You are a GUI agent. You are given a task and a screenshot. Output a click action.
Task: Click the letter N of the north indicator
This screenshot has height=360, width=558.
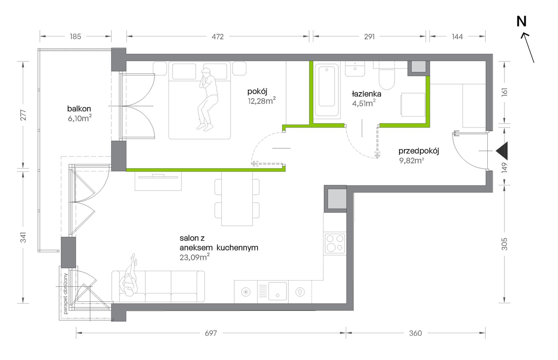point(522,21)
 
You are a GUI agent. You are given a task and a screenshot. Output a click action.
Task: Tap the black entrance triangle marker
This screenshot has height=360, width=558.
point(502,151)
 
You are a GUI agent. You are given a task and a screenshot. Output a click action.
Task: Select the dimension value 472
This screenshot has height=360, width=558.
point(218,37)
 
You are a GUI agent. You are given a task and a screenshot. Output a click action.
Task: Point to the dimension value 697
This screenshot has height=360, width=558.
point(211,333)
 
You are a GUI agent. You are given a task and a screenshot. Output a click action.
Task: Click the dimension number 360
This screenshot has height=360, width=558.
point(415,333)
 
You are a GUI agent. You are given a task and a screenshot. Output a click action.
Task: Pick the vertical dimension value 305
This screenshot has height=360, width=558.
point(504,244)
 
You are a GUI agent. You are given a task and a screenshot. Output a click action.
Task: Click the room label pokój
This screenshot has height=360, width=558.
point(257,92)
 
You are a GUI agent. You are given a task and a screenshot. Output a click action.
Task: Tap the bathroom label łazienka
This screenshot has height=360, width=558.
point(367,94)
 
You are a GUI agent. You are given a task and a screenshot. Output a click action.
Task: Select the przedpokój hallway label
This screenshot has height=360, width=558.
point(419,151)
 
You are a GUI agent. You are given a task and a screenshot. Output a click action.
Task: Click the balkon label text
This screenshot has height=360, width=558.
point(79,109)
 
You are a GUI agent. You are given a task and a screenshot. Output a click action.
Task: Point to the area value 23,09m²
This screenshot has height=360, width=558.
point(195,257)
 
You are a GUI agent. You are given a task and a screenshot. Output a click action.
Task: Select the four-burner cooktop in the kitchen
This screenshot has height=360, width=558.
point(335,243)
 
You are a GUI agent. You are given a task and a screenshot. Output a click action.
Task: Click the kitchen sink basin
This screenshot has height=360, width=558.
point(278,291)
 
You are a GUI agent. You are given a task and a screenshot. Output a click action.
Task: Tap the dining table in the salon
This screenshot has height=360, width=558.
point(237,198)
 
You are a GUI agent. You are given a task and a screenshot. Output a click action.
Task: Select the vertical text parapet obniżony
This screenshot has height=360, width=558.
point(65,294)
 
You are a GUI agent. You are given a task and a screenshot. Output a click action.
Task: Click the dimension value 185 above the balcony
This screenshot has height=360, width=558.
point(75,37)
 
